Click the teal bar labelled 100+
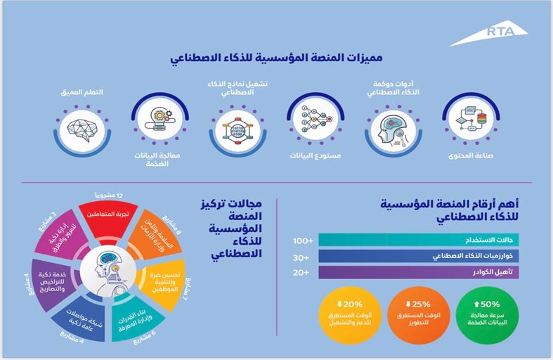(419, 240)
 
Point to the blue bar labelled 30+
(419, 256)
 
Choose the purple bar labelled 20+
(419, 272)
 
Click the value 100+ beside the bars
(303, 241)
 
